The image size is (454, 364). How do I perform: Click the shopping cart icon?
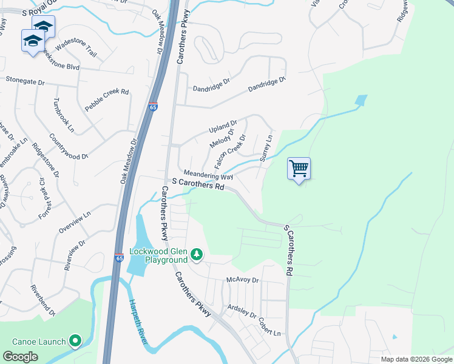coord(299,168)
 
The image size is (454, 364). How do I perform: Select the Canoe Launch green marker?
coord(75,342)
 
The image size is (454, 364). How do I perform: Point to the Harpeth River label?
coord(139,322)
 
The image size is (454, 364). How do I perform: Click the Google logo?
coord(20,357)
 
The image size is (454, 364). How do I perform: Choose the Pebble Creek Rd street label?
coord(107,100)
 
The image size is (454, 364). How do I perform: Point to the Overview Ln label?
coord(75,222)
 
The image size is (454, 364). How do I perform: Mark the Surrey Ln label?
coord(267,148)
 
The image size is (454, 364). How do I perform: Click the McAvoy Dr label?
coord(242,280)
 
